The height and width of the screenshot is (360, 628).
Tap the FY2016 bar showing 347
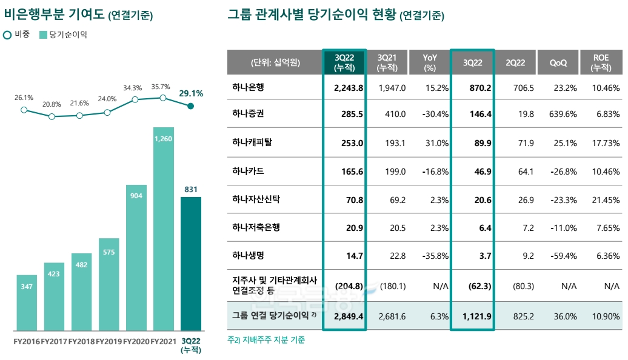click(x=27, y=302)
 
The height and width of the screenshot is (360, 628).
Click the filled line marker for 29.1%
click(x=190, y=106)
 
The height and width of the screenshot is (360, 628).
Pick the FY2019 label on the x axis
click(x=109, y=341)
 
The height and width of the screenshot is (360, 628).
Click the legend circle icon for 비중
click(x=7, y=35)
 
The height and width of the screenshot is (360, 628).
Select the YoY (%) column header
click(x=430, y=62)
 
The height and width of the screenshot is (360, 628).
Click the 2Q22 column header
click(x=515, y=62)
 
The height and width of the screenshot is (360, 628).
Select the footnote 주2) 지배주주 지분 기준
click(x=266, y=340)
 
